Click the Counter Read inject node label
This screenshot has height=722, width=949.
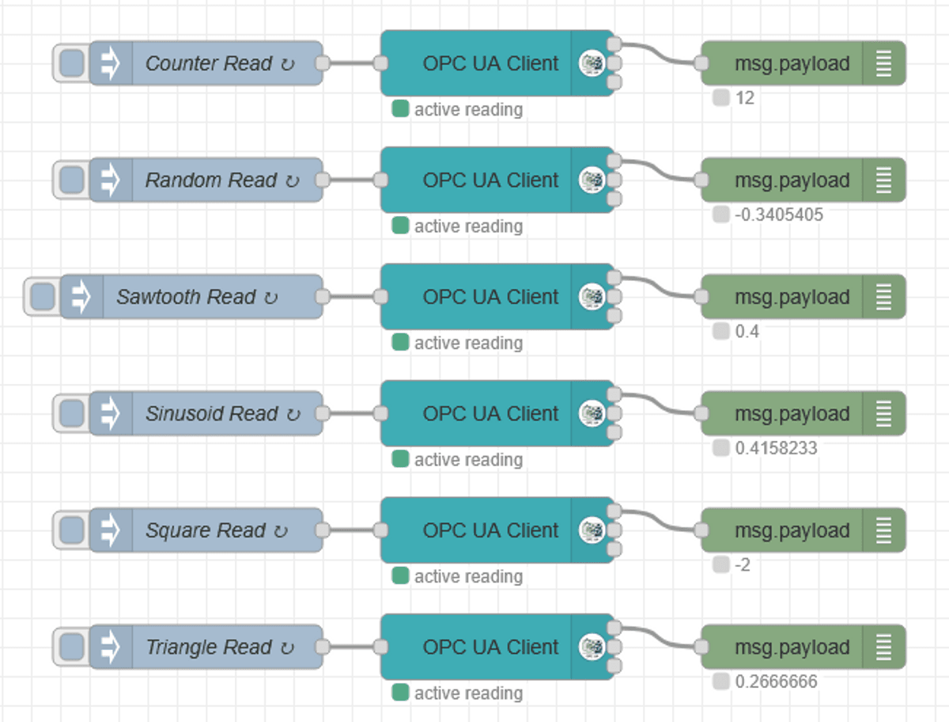[x=210, y=63]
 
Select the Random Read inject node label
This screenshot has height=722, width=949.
[x=211, y=180]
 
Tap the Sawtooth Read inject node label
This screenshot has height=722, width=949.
[x=187, y=297]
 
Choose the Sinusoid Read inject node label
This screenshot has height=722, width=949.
[x=212, y=414]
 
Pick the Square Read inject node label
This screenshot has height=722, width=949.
[x=206, y=530]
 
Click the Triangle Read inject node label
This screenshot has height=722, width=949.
[x=210, y=648]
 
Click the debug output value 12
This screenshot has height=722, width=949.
[x=744, y=98]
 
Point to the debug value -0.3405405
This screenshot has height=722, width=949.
[x=778, y=215]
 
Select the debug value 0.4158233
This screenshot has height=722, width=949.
[x=776, y=448]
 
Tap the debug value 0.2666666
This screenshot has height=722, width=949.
[x=776, y=682]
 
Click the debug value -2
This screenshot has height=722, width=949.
[x=743, y=565]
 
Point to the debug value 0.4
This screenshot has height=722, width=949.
[x=747, y=332]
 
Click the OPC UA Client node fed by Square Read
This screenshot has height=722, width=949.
[x=490, y=530]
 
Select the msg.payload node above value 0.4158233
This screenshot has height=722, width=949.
[x=792, y=414]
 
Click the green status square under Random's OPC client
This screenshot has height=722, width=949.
[x=400, y=226]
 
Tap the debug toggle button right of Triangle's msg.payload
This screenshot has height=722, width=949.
[x=884, y=648]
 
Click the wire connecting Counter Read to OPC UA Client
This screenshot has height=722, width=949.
[x=352, y=63]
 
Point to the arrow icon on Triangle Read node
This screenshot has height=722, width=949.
[x=110, y=648]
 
